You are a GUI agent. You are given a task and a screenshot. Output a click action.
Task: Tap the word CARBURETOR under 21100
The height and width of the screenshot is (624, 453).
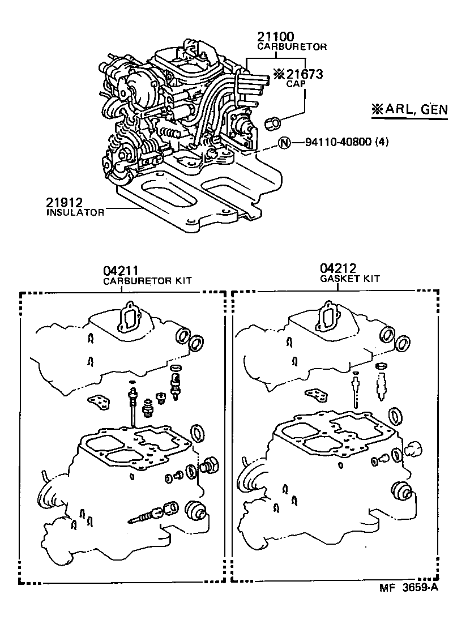pos(292,47)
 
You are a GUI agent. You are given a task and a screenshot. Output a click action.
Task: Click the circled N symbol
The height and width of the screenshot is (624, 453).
pos(284,142)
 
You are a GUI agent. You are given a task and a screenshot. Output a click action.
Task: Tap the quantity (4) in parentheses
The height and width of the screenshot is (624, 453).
pos(383,142)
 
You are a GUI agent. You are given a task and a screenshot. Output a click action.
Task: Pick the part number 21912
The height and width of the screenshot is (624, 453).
pos(65,202)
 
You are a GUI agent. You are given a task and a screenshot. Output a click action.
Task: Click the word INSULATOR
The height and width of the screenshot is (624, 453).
pos(75,212)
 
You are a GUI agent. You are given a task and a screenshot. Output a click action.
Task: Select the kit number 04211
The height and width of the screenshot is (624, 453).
pos(121,271)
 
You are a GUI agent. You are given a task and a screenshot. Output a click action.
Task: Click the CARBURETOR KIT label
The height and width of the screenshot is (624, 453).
pos(147,281)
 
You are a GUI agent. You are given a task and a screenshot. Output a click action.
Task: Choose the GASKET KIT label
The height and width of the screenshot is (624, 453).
pos(349,279)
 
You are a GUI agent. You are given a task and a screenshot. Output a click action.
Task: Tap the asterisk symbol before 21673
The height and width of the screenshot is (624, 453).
pos(279,74)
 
